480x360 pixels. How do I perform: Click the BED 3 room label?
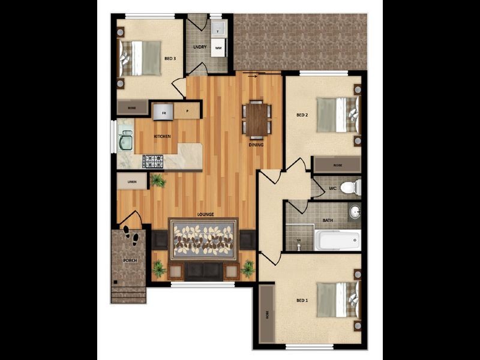(170, 59)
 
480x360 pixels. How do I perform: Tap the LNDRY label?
(200, 47)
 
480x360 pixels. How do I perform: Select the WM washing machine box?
(218, 47)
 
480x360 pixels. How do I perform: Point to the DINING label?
(257, 145)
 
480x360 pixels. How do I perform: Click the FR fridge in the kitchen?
(163, 112)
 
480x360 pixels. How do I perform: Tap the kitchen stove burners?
(152, 161)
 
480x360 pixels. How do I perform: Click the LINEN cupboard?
(131, 181)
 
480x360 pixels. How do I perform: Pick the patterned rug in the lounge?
(203, 241)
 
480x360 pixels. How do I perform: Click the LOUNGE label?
(205, 214)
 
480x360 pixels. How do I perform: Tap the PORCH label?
(129, 260)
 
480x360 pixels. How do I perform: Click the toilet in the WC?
(350, 188)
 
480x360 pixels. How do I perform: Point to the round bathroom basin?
(354, 212)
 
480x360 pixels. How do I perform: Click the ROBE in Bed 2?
(337, 164)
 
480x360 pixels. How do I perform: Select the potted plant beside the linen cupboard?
(158, 180)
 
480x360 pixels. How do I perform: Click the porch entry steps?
(129, 295)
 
